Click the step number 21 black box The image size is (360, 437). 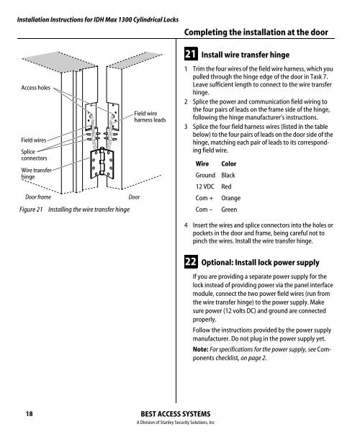click(191, 54)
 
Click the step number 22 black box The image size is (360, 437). click(191, 262)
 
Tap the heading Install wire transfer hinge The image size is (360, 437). click(246, 55)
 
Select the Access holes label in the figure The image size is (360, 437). click(36, 88)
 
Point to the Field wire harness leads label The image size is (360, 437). click(150, 117)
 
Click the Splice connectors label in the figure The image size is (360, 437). click(34, 155)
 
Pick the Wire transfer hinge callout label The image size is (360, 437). click(36, 174)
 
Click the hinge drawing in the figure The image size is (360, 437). click(102, 163)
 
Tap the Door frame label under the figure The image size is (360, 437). click(38, 197)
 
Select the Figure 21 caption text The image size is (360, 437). click(74, 210)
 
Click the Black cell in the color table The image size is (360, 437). click(228, 175)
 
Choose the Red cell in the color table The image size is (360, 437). click(226, 186)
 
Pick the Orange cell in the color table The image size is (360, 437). click(230, 198)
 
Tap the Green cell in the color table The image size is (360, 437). click(229, 210)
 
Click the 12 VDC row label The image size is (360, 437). click(204, 186)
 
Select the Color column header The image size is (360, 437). click(229, 164)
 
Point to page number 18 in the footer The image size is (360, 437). click(30, 414)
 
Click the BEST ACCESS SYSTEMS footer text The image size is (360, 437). click(176, 414)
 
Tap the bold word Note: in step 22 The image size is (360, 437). click(200, 349)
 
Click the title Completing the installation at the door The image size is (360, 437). click(256, 32)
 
